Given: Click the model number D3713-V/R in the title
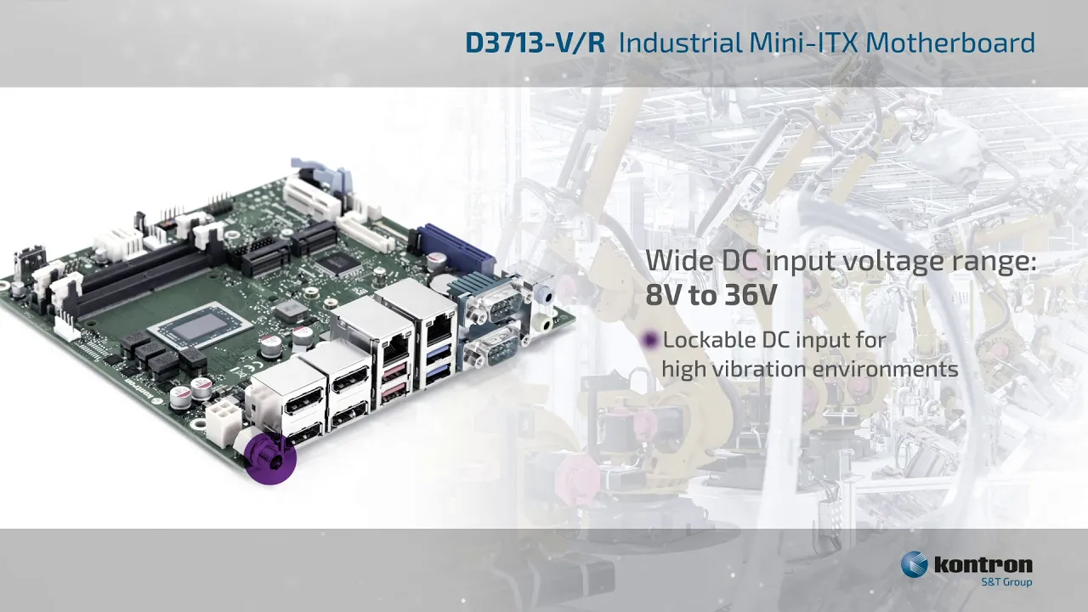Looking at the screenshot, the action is point(535,42).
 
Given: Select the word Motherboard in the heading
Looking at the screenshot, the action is point(950,42).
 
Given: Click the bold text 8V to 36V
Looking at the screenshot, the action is point(711,294).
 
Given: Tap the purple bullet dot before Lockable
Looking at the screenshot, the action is point(649,339).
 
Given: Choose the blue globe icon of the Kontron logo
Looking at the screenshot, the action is point(914,564).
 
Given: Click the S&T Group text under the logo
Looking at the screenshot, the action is point(1006,582).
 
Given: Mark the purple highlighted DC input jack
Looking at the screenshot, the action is point(270,460).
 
